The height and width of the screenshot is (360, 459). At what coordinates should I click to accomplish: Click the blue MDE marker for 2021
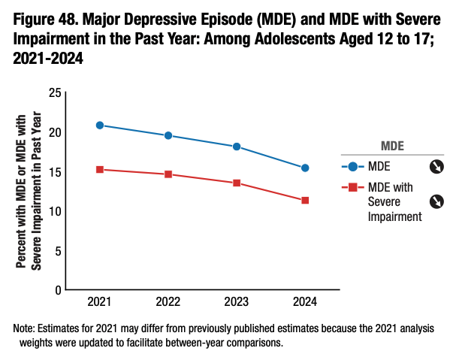100,125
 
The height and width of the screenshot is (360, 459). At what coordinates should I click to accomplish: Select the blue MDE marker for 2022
168,135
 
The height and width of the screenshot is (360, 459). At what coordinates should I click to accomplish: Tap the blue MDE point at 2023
237,147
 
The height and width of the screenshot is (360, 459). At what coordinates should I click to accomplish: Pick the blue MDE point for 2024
305,168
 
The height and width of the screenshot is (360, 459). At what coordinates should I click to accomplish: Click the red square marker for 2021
100,169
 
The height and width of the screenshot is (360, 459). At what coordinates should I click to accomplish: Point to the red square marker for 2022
168,174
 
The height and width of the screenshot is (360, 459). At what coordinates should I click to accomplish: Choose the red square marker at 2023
237,183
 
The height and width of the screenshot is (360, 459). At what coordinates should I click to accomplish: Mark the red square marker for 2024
305,200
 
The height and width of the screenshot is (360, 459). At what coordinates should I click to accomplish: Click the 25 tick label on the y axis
53,92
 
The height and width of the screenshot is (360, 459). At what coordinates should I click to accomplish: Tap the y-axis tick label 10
53,211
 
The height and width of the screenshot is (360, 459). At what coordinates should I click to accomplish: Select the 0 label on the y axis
57,290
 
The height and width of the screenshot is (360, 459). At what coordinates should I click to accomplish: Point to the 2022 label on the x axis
168,302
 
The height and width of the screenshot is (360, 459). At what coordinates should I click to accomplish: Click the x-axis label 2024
305,302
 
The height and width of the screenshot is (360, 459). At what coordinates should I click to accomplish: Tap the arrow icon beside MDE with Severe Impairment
436,201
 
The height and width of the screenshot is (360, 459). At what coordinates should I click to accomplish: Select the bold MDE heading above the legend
394,145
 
